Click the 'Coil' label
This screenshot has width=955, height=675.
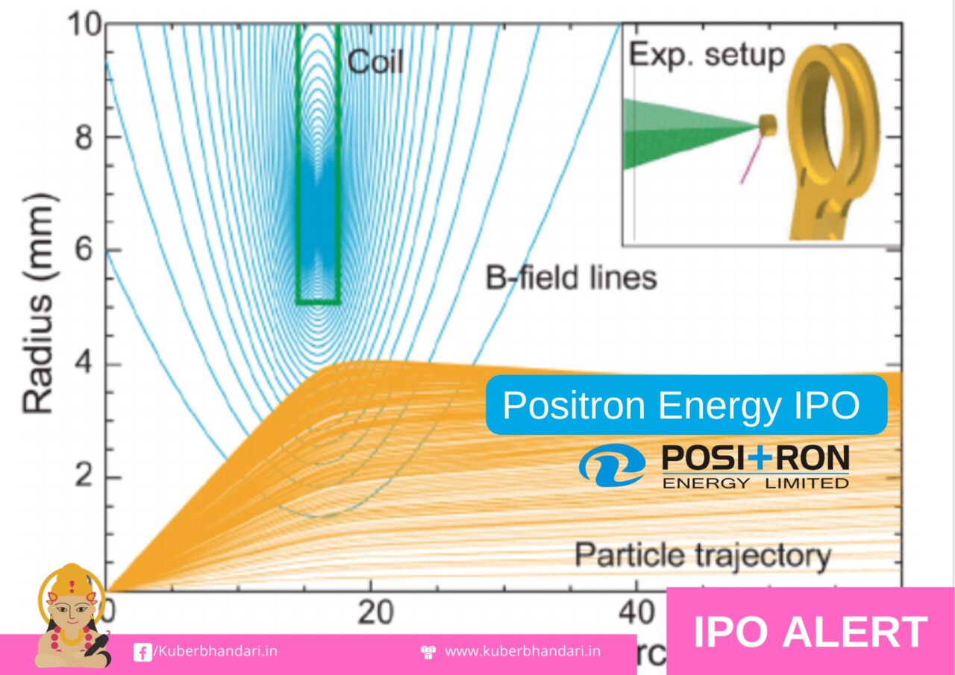pyautogui.click(x=375, y=62)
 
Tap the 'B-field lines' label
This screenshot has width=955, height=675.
pyautogui.click(x=571, y=278)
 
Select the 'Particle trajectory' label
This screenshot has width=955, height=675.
pyautogui.click(x=702, y=556)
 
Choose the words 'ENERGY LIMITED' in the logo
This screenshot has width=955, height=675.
pyautogui.click(x=755, y=483)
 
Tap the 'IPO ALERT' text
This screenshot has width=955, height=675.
pyautogui.click(x=810, y=632)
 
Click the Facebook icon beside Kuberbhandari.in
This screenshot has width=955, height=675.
pyautogui.click(x=142, y=652)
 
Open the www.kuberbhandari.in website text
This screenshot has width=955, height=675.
pyautogui.click(x=522, y=651)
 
